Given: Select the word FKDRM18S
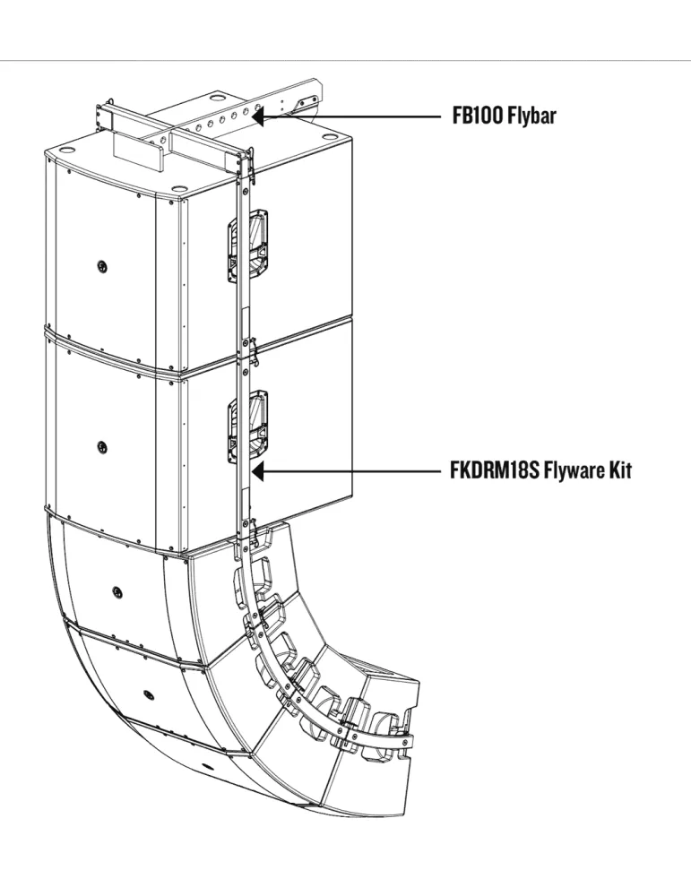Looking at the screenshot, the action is pyautogui.click(x=495, y=471).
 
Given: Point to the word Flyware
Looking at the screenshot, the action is pyautogui.click(x=576, y=471).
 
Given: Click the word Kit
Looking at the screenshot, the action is pyautogui.click(x=622, y=471).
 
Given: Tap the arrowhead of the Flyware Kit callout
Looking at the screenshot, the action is pyautogui.click(x=258, y=471).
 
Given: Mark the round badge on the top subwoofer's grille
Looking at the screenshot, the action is pyautogui.click(x=102, y=266).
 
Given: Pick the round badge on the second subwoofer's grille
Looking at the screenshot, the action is pyautogui.click(x=102, y=446).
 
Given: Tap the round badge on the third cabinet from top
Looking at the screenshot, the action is pyautogui.click(x=117, y=590).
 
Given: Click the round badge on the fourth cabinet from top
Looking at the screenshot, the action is pyautogui.click(x=149, y=694).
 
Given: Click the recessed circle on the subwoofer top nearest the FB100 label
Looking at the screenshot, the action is pyautogui.click(x=331, y=136).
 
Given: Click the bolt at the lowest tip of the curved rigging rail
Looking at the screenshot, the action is pyautogui.click(x=405, y=742).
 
